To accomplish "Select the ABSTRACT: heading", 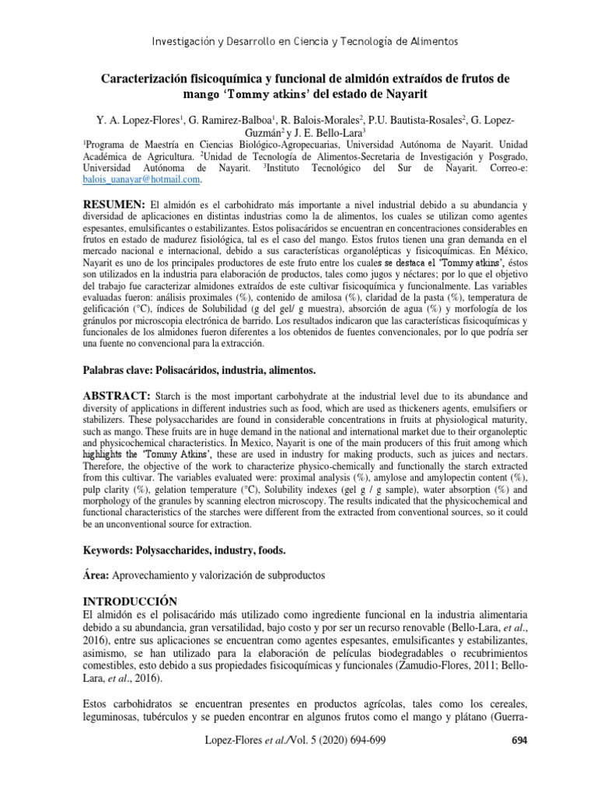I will pos(115,396).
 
